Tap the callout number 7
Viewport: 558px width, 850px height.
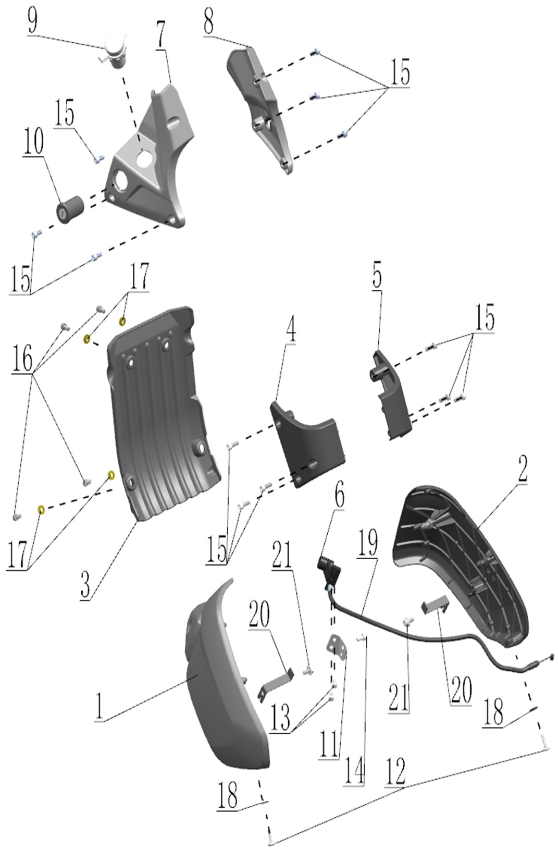pos(161,36)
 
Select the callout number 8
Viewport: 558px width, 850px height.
pos(208,22)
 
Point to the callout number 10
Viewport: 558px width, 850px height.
pos(34,140)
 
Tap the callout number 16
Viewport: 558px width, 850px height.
pos(22,358)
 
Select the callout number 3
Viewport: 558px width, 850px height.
pos(85,584)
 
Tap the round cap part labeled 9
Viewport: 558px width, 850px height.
pos(115,50)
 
